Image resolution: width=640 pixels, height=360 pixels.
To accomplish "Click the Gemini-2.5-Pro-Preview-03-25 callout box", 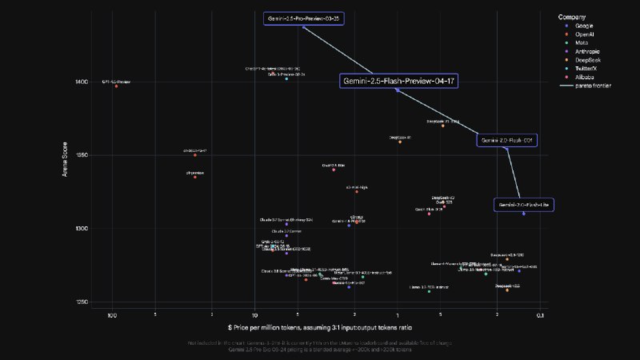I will pyautogui.click(x=304, y=18).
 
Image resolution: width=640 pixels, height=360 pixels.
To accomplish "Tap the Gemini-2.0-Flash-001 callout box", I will pyautogui.click(x=506, y=140).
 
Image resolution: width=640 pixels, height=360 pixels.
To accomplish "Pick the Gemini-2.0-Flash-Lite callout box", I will pyautogui.click(x=523, y=206).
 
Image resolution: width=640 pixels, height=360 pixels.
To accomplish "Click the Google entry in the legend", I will pyautogui.click(x=584, y=26).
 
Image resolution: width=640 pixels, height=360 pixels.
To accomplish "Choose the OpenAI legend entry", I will pyautogui.click(x=585, y=35).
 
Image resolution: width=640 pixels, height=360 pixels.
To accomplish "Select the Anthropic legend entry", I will pyautogui.click(x=588, y=52).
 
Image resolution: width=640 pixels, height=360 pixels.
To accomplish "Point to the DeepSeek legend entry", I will pyautogui.click(x=588, y=61).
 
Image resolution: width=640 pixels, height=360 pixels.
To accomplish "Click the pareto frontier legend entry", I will pyautogui.click(x=592, y=86).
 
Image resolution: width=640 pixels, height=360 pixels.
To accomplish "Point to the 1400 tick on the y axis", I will pyautogui.click(x=82, y=82).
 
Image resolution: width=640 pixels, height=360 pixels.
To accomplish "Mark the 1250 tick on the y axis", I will pyautogui.click(x=82, y=302).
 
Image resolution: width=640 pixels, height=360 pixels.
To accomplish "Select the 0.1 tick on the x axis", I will pyautogui.click(x=542, y=315).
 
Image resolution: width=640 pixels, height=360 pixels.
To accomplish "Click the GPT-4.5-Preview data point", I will pyautogui.click(x=116, y=86).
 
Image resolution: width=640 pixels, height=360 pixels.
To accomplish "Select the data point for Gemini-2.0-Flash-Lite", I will pyautogui.click(x=524, y=214).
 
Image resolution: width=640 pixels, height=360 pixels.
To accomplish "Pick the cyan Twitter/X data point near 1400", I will pyautogui.click(x=286, y=78).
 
